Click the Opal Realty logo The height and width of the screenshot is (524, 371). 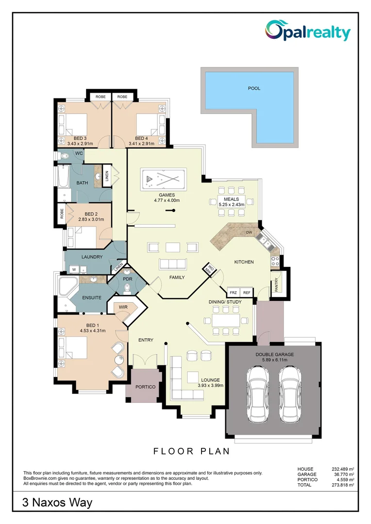307,31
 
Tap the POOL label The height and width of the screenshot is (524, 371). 254,88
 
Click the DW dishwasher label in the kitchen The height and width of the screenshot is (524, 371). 249,233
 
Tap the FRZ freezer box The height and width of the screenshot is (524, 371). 233,293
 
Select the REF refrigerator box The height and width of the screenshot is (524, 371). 247,293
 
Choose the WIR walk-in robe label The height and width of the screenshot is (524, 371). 123,307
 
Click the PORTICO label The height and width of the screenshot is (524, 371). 145,387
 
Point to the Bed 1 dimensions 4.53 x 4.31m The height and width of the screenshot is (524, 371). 92,331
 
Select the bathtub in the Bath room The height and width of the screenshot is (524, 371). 62,183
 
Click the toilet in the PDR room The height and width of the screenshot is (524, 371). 127,288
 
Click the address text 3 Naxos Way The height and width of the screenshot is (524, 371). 57,503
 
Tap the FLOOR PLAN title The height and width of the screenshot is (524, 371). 191,451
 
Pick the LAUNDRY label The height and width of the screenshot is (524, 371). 92,257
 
